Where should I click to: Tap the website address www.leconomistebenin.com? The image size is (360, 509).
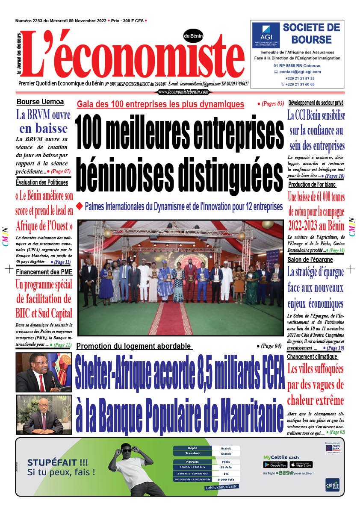coord(183,92)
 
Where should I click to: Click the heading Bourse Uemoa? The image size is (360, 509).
coord(40,102)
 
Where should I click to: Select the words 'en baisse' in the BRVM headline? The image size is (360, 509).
coord(43,128)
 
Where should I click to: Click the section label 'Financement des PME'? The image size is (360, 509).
coord(44,272)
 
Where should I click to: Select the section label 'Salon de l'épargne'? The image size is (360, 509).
coord(310,259)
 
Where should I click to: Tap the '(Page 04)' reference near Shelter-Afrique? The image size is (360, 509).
coord(269,346)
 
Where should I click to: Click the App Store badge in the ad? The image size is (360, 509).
coord(301,465)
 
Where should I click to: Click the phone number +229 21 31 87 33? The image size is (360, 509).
coord(300,78)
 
